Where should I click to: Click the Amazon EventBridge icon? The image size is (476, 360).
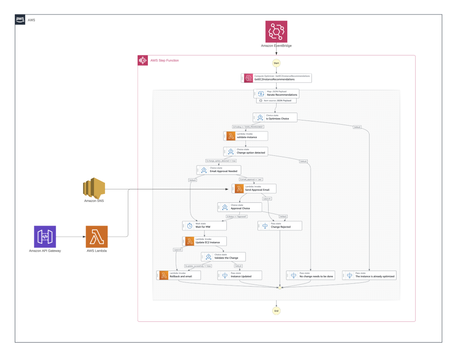pyautogui.click(x=277, y=31)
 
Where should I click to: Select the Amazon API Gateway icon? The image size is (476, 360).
pyautogui.click(x=45, y=236)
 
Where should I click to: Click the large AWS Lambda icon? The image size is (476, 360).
pyautogui.click(x=97, y=236)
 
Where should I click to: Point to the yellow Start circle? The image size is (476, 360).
pyautogui.click(x=277, y=63)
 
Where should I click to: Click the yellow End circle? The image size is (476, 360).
pyautogui.click(x=277, y=310)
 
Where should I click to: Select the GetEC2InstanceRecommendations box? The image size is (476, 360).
pyautogui.click(x=276, y=78)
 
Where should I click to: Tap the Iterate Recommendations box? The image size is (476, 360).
pyautogui.click(x=276, y=93)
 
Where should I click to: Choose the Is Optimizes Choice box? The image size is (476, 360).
pyautogui.click(x=275, y=117)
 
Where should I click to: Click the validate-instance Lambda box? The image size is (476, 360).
pyautogui.click(x=245, y=136)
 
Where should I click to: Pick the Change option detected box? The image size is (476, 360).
pyautogui.click(x=245, y=152)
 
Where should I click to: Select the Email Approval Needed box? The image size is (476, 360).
pyautogui.click(x=218, y=170)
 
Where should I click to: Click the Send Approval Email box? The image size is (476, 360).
pyautogui.click(x=254, y=188)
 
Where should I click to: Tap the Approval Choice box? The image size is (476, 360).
pyautogui.click(x=240, y=207)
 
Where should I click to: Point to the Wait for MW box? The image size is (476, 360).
pyautogui.click(x=204, y=226)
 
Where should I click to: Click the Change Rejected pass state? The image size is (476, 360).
pyautogui.click(x=280, y=226)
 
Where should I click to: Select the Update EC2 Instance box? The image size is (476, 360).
pyautogui.click(x=205, y=241)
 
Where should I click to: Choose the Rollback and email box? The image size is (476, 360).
pyautogui.click(x=178, y=275)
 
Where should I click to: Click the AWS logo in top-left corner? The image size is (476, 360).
pyautogui.click(x=20, y=20)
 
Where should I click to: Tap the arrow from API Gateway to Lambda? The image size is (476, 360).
pyautogui.click(x=71, y=237)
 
